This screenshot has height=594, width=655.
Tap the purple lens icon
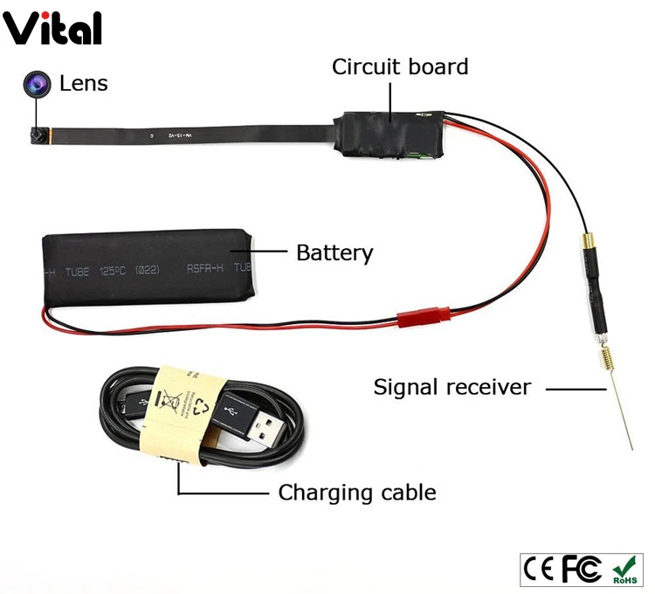coord(37,84)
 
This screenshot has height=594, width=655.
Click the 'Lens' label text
coord(84,84)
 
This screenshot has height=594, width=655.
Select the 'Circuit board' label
coord(400,66)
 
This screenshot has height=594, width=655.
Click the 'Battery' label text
coord(334,253)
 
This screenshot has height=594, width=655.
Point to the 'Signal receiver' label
coord(452,386)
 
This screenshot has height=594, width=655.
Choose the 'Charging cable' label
coord(356,493)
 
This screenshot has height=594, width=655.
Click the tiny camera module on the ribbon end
coord(37,136)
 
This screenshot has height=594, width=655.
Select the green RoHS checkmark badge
coord(626,570)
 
